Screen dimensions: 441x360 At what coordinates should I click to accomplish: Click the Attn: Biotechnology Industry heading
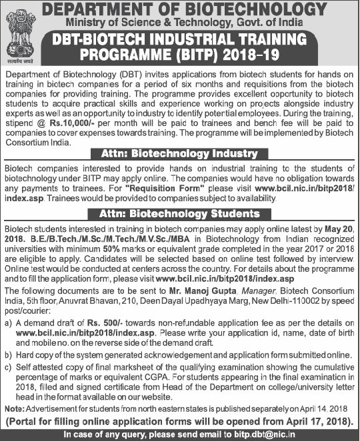pos(179,154)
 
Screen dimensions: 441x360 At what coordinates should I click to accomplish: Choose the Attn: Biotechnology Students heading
pos(179,214)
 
